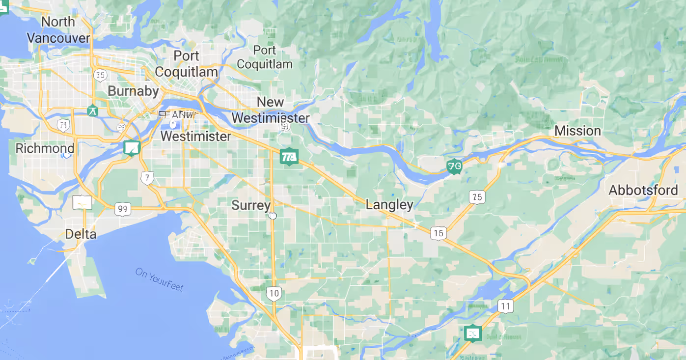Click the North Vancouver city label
58,30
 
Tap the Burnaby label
133,91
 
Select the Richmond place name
45,148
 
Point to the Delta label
81,234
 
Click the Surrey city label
251,205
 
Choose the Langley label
389,205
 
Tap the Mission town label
577,131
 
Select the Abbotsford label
643,191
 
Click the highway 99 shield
123,209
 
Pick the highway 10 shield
274,294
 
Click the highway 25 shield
477,197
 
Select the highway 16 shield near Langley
439,233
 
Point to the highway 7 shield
147,178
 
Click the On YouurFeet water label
159,279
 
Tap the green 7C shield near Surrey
289,157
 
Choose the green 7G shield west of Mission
455,167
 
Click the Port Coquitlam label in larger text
186,64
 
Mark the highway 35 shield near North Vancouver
100,75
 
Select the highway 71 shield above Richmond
63,125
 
